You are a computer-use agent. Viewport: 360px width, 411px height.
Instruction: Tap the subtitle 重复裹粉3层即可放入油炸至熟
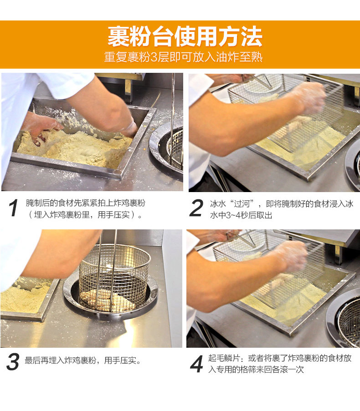pos(183,57)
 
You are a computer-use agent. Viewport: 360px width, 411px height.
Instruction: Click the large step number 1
pos(13,208)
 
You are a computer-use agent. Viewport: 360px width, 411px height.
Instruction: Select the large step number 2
pos(196,208)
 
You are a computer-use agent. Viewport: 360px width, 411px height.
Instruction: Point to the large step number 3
pos(13,361)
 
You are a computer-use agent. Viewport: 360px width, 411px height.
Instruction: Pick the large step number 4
pos(196,364)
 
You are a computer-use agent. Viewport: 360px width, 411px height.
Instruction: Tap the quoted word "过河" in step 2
pos(241,203)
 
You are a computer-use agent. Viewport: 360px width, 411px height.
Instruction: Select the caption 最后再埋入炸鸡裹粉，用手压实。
pos(83,360)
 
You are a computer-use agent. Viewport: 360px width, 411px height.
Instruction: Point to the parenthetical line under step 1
pos(84,215)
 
